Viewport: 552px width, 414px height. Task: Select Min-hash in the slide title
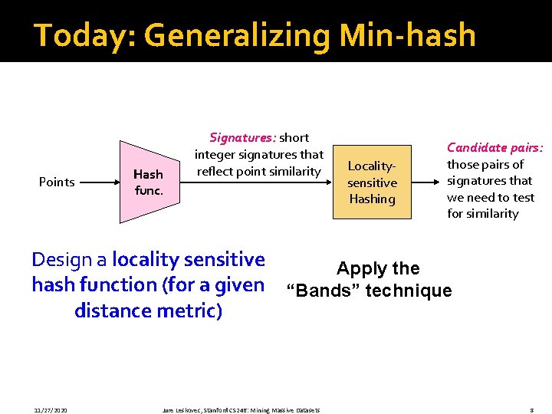[413, 35]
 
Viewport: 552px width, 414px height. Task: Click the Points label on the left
[57, 182]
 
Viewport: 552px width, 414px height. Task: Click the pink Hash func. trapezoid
[146, 182]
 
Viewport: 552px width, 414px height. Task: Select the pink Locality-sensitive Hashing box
[373, 182]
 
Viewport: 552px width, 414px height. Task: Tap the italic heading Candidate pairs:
[495, 147]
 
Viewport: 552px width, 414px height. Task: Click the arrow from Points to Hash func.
[100, 182]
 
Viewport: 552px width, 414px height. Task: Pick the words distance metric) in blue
[149, 310]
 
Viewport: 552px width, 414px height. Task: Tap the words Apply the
[378, 268]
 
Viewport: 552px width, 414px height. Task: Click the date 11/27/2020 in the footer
[51, 410]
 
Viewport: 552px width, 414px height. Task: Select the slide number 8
[531, 410]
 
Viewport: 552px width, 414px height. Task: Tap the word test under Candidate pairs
[524, 197]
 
